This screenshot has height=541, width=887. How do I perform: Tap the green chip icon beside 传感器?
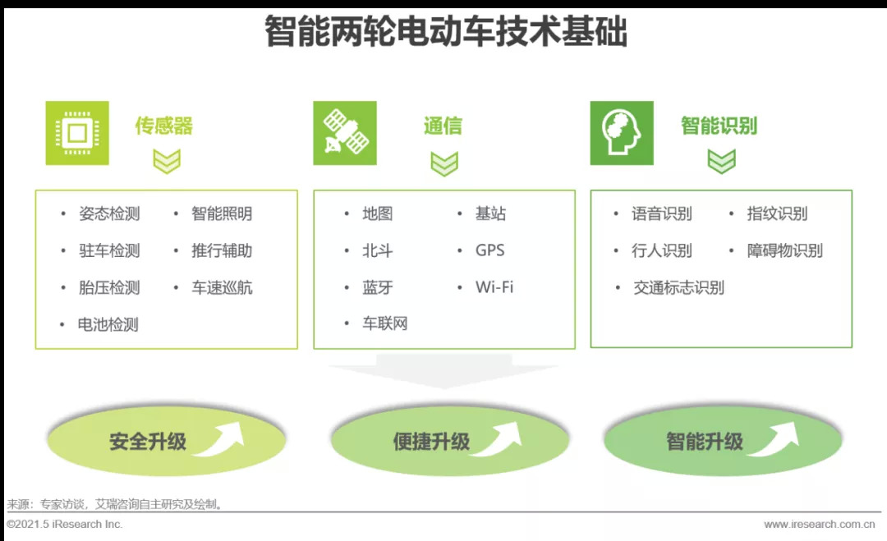pos(76,133)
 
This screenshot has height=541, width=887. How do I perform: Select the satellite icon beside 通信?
pos(345,133)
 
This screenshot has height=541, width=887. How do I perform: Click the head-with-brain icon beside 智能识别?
pos(622,133)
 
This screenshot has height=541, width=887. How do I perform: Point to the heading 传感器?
pos(164,126)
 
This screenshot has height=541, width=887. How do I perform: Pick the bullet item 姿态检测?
pos(109,213)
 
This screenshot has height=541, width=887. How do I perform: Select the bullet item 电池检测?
pos(108,324)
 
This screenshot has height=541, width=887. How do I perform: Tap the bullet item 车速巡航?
pos(222,287)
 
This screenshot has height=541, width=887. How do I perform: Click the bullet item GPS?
pos(489,250)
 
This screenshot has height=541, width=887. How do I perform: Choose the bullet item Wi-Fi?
pos(494,287)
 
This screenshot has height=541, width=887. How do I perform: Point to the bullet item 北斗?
pos(378,250)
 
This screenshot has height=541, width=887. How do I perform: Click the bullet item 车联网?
pos(385,323)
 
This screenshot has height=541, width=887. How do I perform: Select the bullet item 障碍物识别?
pos(784,250)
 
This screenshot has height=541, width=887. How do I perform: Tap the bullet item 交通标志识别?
pos(678,287)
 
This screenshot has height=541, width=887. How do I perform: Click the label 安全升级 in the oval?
pos(148,441)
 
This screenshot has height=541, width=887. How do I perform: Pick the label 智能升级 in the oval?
pos(705,441)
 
